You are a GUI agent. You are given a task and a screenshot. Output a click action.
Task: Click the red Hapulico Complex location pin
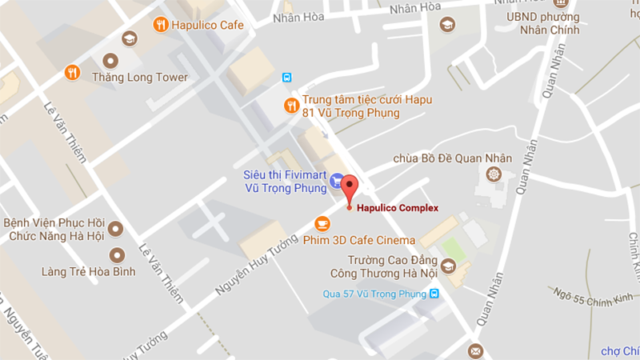(x=350, y=188)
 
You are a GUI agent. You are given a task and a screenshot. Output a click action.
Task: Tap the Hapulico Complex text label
(x=398, y=208)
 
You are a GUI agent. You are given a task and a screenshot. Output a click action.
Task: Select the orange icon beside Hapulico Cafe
(x=160, y=24)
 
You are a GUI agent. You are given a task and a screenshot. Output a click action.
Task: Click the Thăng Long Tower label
(x=140, y=78)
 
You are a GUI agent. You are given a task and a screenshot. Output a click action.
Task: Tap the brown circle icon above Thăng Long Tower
(x=110, y=60)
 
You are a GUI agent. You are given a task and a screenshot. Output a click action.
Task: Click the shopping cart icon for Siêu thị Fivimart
(x=337, y=181)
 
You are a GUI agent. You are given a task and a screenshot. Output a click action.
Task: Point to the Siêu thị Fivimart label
(x=285, y=182)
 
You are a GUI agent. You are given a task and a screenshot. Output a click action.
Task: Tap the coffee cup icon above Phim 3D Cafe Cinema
(x=322, y=222)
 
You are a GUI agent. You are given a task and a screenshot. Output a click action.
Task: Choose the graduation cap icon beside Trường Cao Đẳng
(x=449, y=265)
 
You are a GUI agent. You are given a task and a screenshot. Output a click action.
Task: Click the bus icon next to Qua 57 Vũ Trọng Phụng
(x=434, y=294)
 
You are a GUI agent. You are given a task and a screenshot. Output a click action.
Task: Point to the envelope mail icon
(x=475, y=350)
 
